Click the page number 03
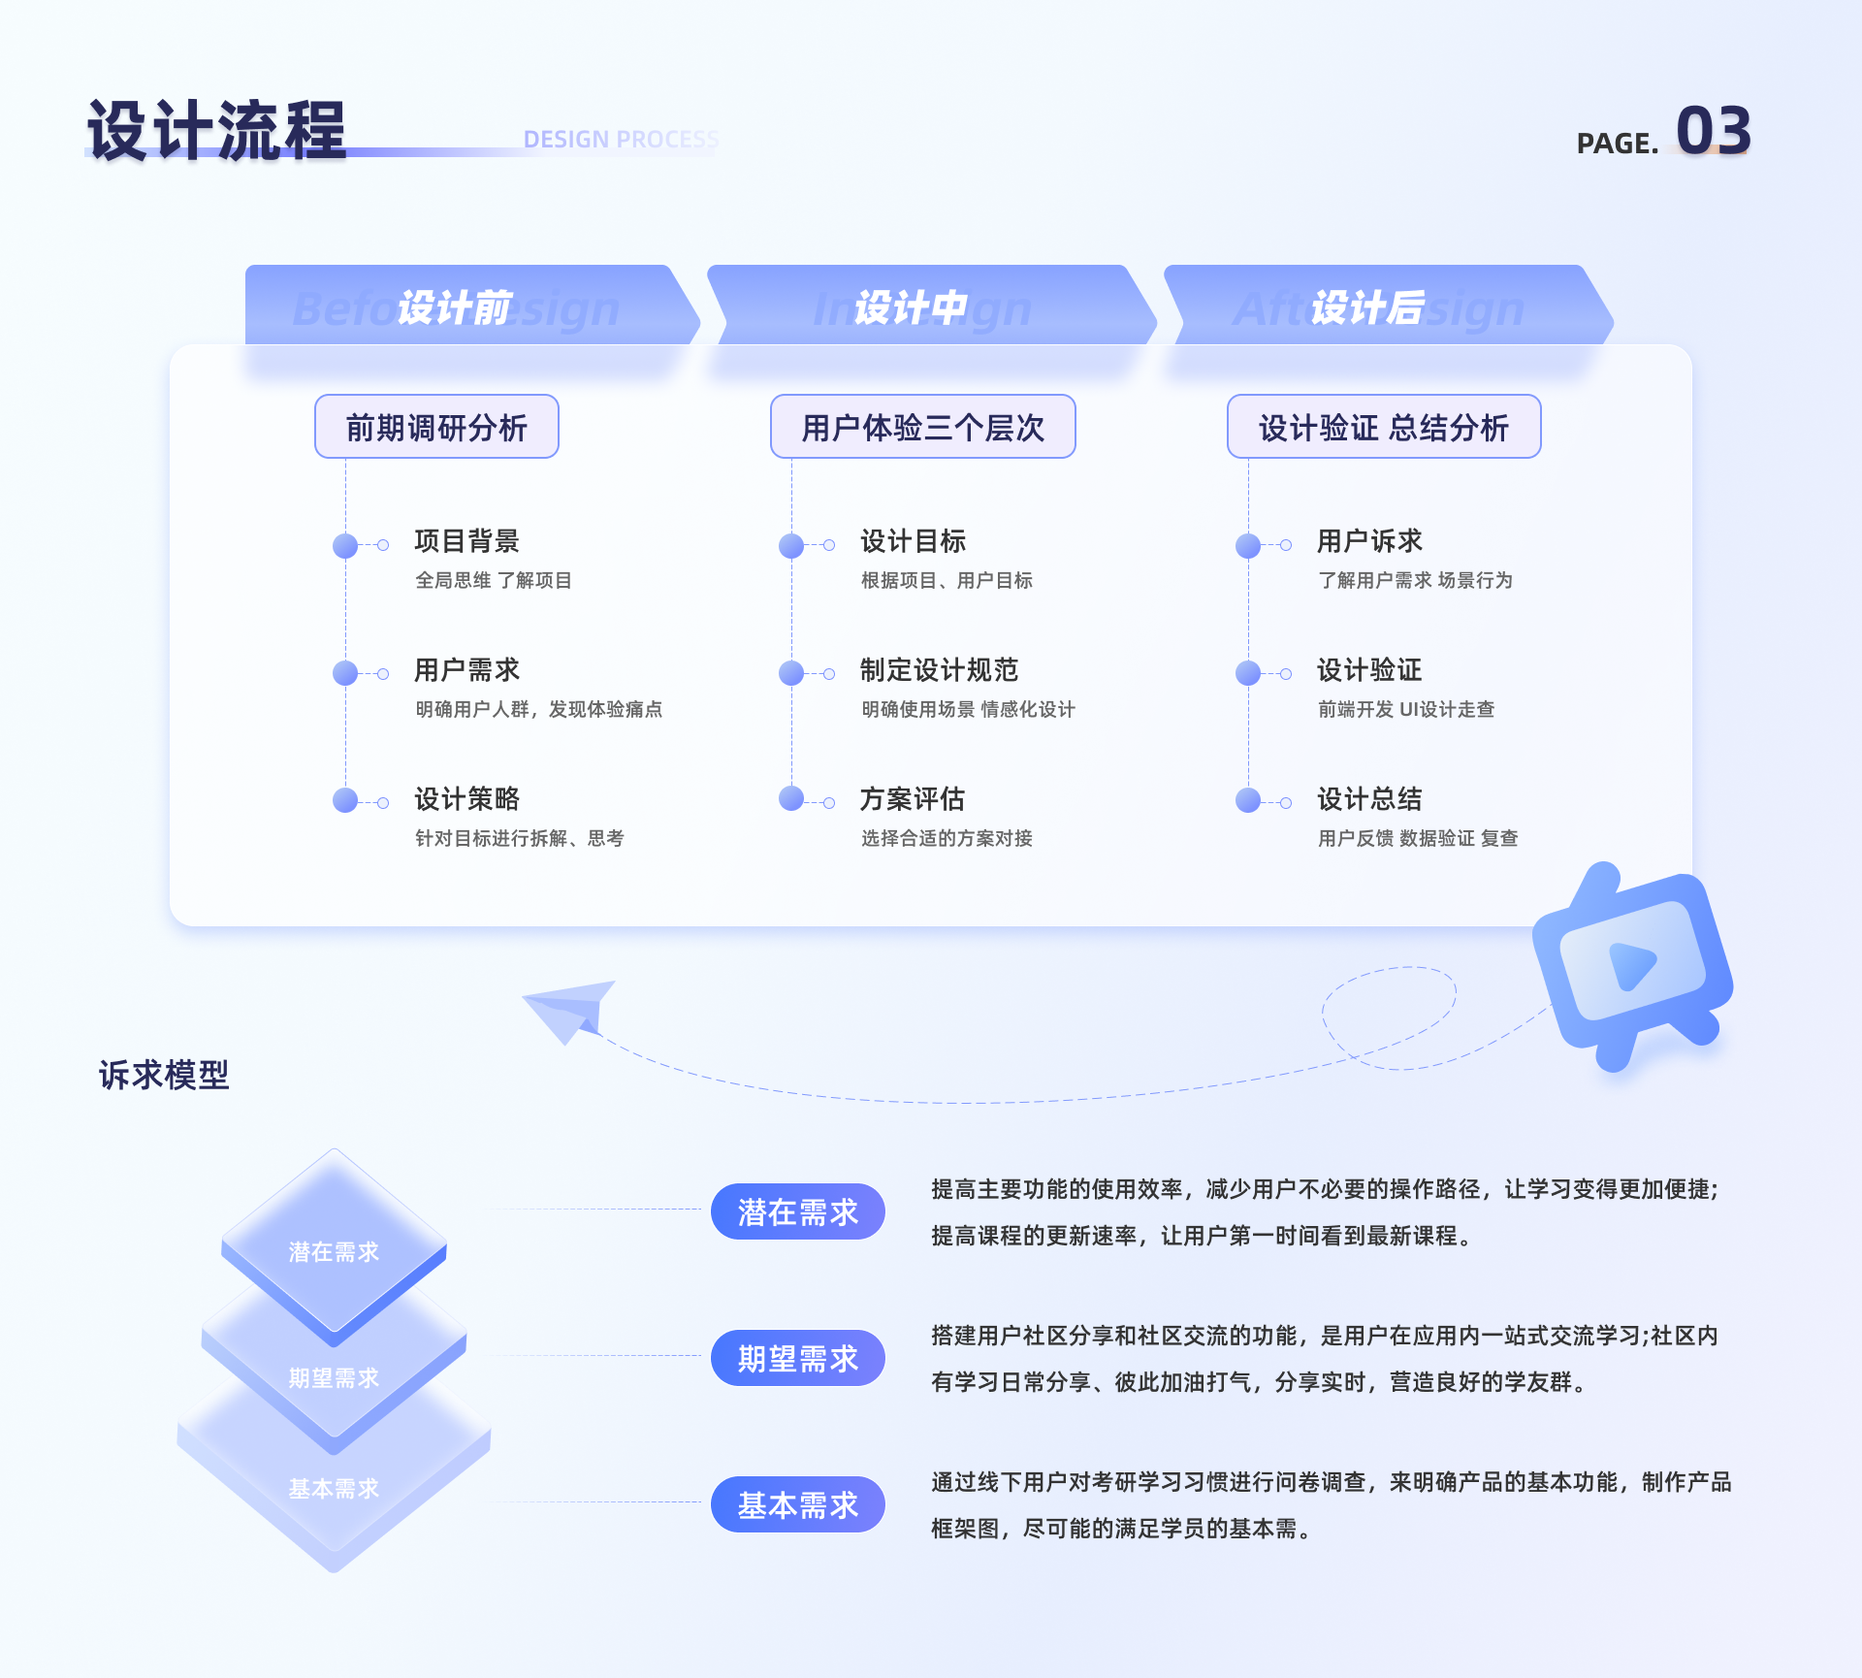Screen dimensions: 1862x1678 (1713, 131)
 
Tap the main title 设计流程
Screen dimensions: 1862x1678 (216, 131)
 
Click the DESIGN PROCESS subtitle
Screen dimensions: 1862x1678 (621, 140)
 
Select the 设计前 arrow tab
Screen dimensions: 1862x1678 (456, 307)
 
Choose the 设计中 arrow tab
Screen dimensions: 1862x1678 (912, 307)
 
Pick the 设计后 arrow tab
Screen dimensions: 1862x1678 (1368, 307)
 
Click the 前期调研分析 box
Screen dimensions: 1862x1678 (436, 427)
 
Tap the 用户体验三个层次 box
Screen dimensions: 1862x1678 (922, 427)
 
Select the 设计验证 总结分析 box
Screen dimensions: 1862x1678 (1384, 427)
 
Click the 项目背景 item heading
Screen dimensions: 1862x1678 (467, 541)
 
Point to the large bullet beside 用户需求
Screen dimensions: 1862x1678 (345, 673)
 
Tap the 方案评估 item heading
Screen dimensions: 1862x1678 (913, 799)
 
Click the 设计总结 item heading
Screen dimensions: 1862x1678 (1369, 799)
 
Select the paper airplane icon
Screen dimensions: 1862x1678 (572, 1009)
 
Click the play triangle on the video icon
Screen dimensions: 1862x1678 (1632, 965)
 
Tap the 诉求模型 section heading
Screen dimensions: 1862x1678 (164, 1076)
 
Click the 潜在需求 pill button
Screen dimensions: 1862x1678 (797, 1211)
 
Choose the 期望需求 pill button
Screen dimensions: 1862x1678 (797, 1358)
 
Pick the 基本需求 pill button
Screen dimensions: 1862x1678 (797, 1504)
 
